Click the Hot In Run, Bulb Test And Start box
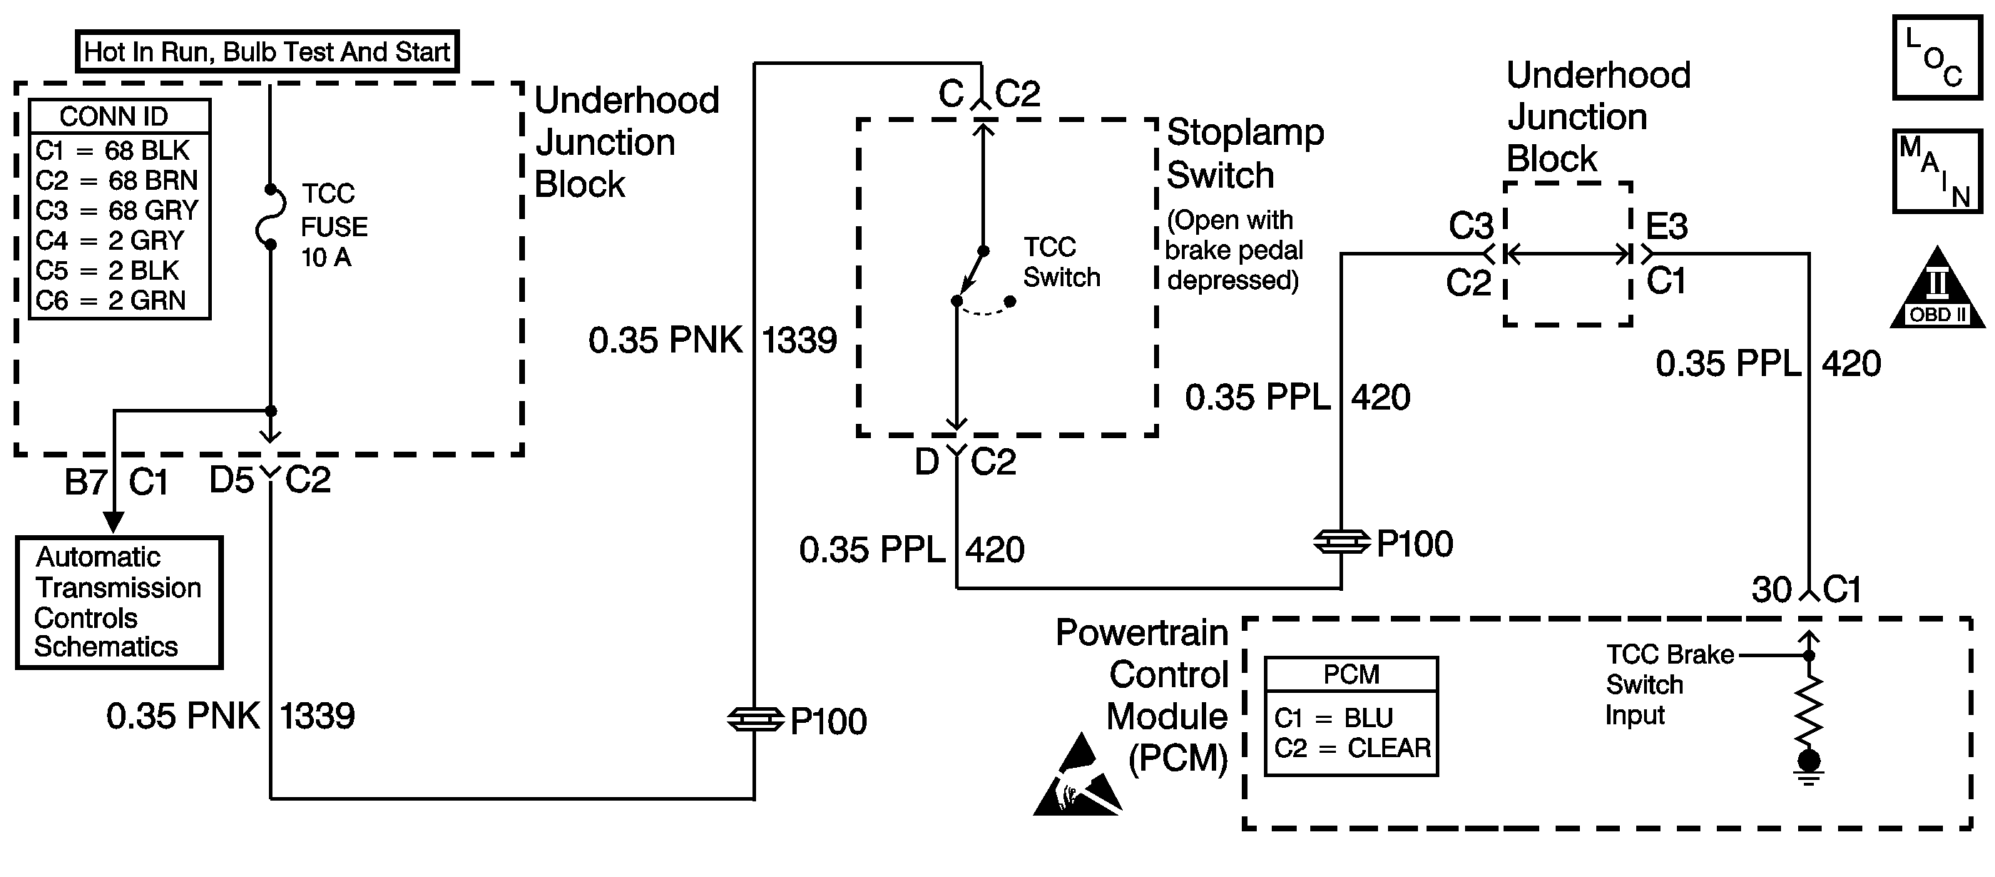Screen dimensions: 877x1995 [x=267, y=52]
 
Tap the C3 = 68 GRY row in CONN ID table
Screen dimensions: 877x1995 [x=117, y=211]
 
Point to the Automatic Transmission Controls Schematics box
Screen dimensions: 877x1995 [x=118, y=602]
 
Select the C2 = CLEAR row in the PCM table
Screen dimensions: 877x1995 [x=1352, y=749]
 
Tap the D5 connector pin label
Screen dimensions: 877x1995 [x=231, y=480]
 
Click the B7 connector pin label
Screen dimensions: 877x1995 [x=85, y=482]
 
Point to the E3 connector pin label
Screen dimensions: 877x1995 [x=1666, y=227]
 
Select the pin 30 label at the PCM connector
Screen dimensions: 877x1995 [x=1771, y=590]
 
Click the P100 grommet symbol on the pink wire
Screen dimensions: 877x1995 [x=755, y=720]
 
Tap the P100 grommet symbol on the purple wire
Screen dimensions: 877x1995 [x=1342, y=542]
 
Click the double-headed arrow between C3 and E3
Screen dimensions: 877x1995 [x=1568, y=253]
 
